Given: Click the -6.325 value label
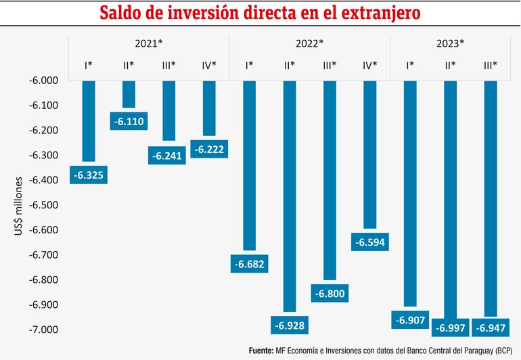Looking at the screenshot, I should [x=89, y=176].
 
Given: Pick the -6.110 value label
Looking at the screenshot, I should [x=129, y=122].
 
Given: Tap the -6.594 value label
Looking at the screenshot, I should [x=370, y=242].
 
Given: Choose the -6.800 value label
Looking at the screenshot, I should [x=330, y=294].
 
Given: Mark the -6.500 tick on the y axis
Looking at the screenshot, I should [x=43, y=205].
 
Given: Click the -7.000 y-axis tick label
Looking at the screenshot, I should [x=43, y=330].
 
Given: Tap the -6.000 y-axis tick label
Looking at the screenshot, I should [x=43, y=81].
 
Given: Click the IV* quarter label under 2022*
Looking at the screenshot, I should [x=370, y=65].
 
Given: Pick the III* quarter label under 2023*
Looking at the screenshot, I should [x=491, y=65].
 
